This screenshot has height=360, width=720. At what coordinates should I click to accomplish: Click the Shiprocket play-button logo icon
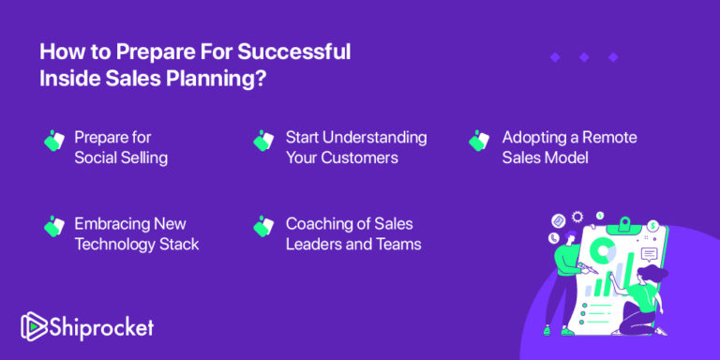[33, 326]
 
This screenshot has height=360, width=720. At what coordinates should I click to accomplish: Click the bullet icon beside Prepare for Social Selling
[53, 140]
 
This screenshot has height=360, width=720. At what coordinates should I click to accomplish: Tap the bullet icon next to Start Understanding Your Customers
[263, 140]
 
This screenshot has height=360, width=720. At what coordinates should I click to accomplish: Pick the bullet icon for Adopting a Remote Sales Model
[479, 140]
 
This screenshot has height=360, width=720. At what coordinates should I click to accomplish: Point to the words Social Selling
[121, 157]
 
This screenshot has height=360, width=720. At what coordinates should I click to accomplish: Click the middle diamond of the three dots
[584, 57]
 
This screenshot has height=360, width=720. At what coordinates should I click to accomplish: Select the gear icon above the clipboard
[578, 217]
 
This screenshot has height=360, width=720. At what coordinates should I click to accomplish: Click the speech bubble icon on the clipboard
[649, 253]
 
